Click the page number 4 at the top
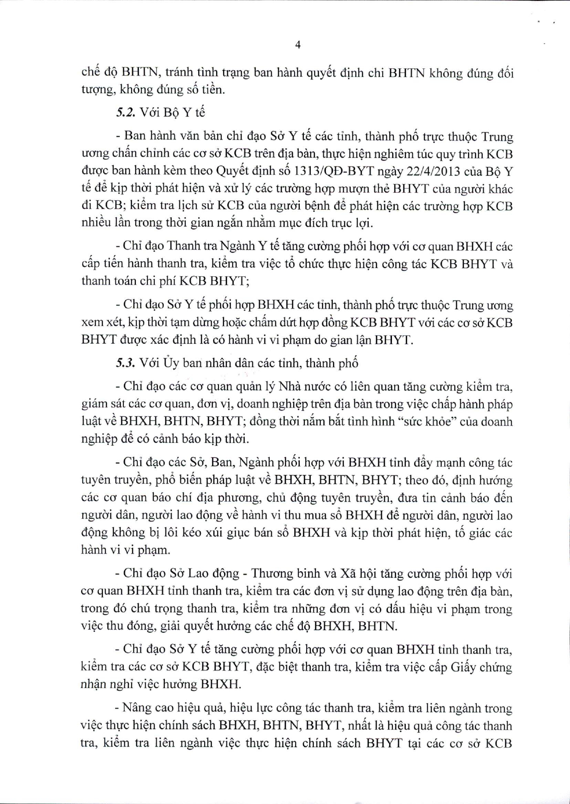click(298, 45)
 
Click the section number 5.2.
click(124, 112)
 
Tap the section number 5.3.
click(124, 363)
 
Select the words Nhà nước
click(299, 387)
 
